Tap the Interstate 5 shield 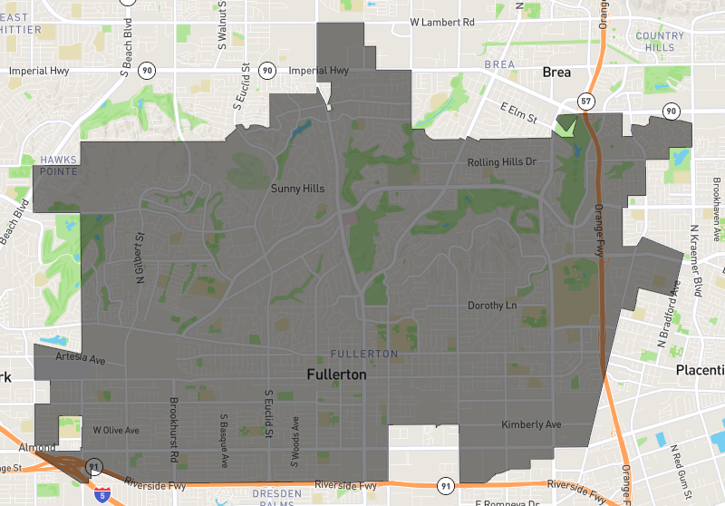[104, 494]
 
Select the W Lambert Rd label [441, 21]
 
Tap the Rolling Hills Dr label [502, 162]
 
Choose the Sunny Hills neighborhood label [297, 189]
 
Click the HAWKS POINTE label [58, 165]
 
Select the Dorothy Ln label [492, 306]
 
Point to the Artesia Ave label [81, 360]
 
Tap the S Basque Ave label [224, 442]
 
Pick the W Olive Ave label [116, 429]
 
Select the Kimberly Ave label [531, 424]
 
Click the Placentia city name [700, 369]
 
